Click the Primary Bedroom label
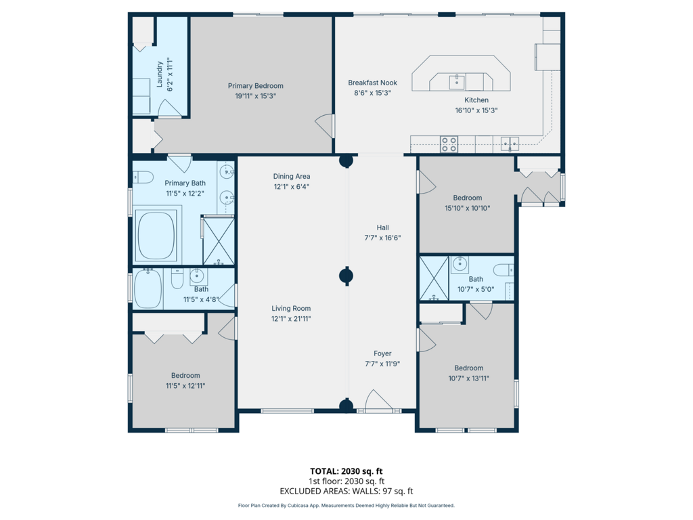pyautogui.click(x=255, y=86)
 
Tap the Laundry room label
pyautogui.click(x=160, y=74)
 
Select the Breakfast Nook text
pyautogui.click(x=373, y=83)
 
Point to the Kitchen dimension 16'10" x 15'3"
pyautogui.click(x=476, y=110)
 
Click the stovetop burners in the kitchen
pyautogui.click(x=449, y=145)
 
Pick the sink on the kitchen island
pyautogui.click(x=457, y=82)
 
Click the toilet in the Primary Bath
pyautogui.click(x=142, y=177)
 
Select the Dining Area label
pyautogui.click(x=292, y=177)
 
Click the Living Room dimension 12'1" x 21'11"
pyautogui.click(x=291, y=319)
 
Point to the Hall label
pyautogui.click(x=383, y=227)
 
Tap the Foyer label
pyautogui.click(x=383, y=353)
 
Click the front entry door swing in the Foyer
pyautogui.click(x=379, y=400)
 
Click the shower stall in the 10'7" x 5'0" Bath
pyautogui.click(x=434, y=278)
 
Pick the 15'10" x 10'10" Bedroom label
pyautogui.click(x=468, y=198)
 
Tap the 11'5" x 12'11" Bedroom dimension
pyautogui.click(x=185, y=386)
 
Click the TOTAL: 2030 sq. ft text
pyautogui.click(x=346, y=471)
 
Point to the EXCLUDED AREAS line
pyautogui.click(x=346, y=492)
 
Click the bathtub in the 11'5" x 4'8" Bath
pyautogui.click(x=148, y=288)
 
